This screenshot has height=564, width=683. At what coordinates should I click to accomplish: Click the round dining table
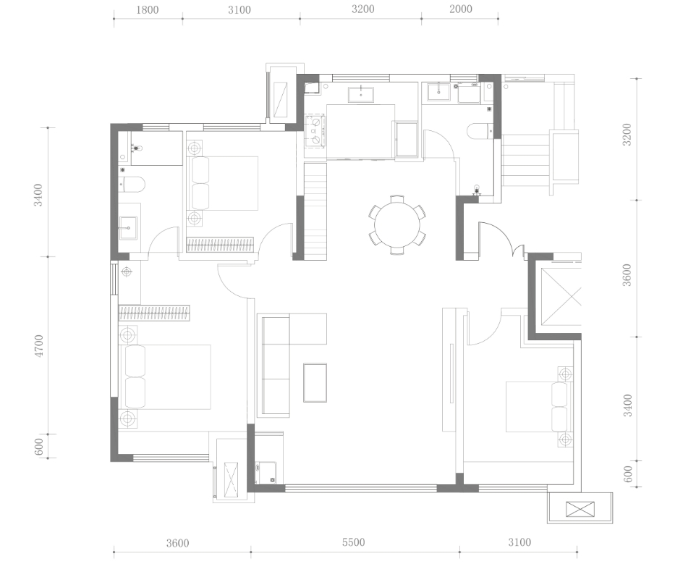tap(397, 225)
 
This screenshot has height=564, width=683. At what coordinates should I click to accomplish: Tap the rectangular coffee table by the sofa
tap(315, 383)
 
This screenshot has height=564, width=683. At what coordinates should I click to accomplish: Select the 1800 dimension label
tap(147, 9)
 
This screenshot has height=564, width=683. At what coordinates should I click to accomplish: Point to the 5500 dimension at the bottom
tap(353, 543)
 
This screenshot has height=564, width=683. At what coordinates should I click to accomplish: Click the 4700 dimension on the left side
tap(39, 346)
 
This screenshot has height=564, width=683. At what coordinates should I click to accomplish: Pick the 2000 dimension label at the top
tap(460, 9)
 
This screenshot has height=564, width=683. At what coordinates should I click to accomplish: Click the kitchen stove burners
tap(315, 130)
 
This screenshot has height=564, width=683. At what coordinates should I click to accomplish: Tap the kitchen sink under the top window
tap(360, 95)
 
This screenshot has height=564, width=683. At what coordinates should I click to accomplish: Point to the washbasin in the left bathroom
tap(128, 227)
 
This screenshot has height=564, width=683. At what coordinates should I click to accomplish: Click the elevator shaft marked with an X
tap(561, 297)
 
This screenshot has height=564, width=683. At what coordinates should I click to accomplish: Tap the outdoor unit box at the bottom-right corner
tap(580, 509)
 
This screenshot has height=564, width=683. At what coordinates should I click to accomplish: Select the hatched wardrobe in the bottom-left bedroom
tap(154, 313)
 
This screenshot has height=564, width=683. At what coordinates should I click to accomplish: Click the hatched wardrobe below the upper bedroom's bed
tap(220, 245)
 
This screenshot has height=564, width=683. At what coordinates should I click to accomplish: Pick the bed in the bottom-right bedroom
tap(539, 407)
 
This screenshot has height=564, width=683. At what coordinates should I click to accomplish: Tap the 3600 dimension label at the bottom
tap(178, 543)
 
